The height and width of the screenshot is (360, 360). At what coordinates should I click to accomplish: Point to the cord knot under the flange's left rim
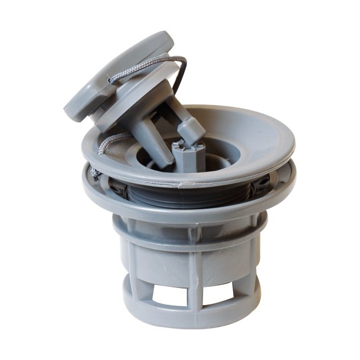tap(96, 172)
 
